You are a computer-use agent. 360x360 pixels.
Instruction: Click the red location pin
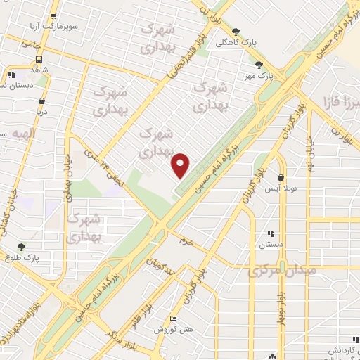point(181,165)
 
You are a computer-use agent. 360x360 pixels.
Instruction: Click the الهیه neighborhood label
point(25,132)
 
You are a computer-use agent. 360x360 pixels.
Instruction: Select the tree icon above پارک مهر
point(259,65)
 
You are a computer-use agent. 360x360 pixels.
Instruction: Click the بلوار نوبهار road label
point(281,304)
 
